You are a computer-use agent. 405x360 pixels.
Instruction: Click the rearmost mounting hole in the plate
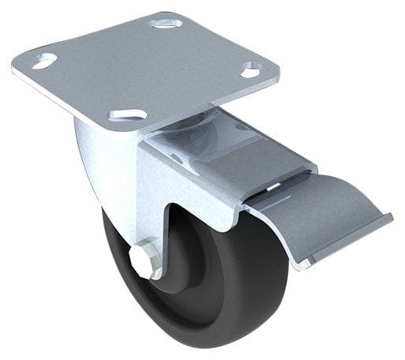(166, 23)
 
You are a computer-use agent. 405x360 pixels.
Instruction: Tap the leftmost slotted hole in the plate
(45, 60)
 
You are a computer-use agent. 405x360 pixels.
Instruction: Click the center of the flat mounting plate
(150, 67)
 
